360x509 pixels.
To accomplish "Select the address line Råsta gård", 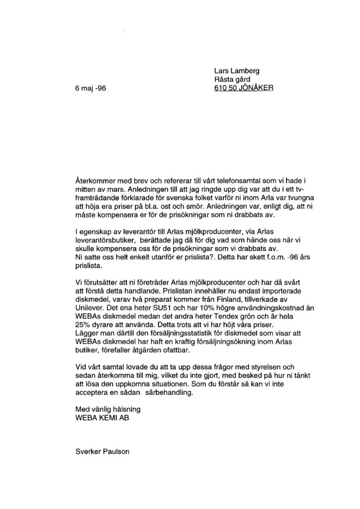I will click(x=231, y=80).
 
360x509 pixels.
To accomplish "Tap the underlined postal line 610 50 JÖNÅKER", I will click(x=242, y=89).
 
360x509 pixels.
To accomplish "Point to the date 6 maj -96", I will click(x=89, y=89).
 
